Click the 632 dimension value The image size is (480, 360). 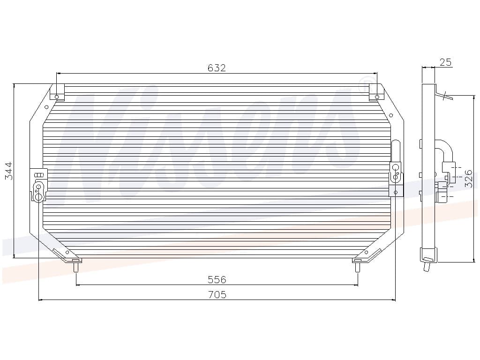[217, 67]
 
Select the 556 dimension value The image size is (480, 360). [217, 279]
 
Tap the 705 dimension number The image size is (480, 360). [217, 294]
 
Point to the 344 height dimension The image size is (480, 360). [9, 171]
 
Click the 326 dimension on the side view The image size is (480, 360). [469, 179]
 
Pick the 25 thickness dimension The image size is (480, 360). [445, 62]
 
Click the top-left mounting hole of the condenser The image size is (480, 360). [57, 97]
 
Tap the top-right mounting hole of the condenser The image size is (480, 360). [377, 97]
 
